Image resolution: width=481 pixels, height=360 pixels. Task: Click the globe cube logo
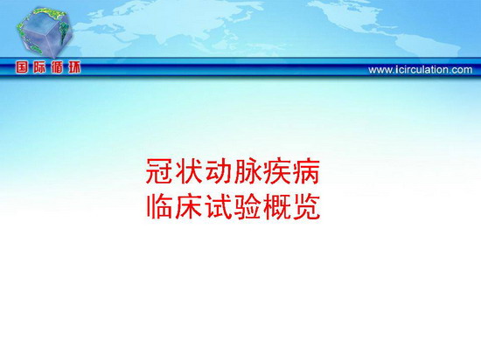click(45, 32)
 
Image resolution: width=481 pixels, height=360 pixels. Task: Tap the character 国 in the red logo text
click(22, 67)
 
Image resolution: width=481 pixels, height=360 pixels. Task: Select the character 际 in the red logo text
click(39, 67)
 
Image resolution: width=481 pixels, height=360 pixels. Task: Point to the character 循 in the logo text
click(57, 67)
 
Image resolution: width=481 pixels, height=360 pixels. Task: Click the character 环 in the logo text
click(74, 67)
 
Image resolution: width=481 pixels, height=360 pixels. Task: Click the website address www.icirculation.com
click(421, 70)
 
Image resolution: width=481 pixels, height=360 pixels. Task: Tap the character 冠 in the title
click(159, 171)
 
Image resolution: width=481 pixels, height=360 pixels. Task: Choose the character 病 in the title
click(306, 171)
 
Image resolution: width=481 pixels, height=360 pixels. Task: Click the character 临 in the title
click(159, 206)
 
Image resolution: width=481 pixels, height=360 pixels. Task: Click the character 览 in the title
click(306, 206)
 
